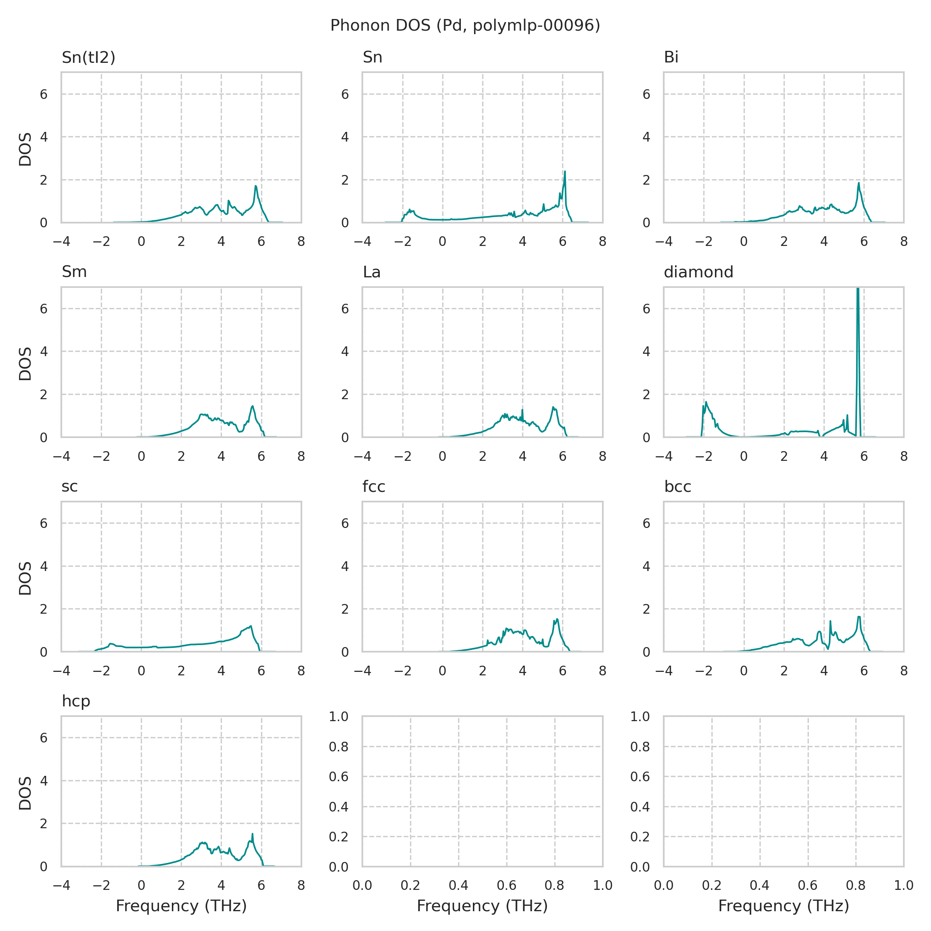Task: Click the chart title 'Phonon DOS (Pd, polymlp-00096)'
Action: pos(465,26)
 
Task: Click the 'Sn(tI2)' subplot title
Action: pos(89,58)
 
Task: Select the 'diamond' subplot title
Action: pos(698,272)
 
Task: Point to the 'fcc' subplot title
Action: pos(374,487)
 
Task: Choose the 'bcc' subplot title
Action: pos(678,487)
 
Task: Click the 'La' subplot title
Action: pos(372,272)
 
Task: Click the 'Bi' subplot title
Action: pos(671,58)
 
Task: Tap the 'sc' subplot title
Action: pos(69,487)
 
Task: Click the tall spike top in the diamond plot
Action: pos(858,289)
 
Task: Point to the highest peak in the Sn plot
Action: pos(565,171)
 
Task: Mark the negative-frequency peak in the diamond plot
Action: pos(706,402)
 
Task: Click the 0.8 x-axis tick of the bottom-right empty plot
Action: pos(856,885)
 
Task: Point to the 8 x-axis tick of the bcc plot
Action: pos(903,671)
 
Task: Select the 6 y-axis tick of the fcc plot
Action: pos(345,523)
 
